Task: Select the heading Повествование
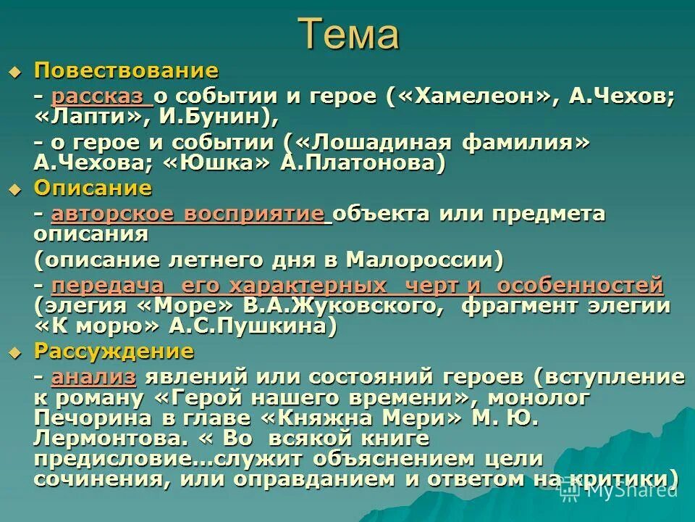(126, 71)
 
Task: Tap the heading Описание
(93, 188)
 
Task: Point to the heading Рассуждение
(114, 352)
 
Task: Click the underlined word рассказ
(101, 96)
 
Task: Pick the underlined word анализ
(94, 377)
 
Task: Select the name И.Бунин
(215, 117)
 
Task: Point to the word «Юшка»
(218, 162)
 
